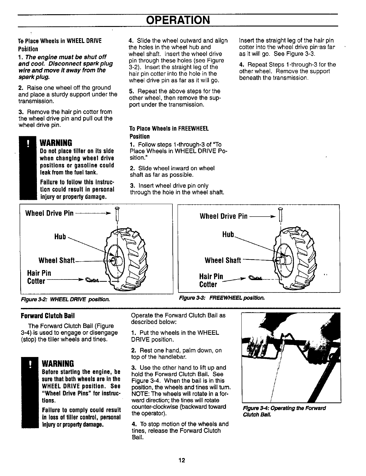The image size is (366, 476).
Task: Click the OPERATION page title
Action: [178, 20]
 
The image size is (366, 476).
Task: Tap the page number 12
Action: [181, 461]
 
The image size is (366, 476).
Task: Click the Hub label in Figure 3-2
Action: [60, 236]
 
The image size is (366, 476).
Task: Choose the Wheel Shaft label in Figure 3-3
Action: [223, 260]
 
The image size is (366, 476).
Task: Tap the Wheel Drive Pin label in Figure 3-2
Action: [50, 213]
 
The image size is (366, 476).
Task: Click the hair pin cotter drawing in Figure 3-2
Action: [92, 280]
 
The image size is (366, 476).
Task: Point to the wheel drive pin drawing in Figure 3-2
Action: [116, 214]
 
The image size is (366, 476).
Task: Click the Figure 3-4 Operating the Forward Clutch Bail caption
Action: [284, 411]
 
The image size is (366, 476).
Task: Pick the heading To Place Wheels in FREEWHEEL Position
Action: [169, 132]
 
